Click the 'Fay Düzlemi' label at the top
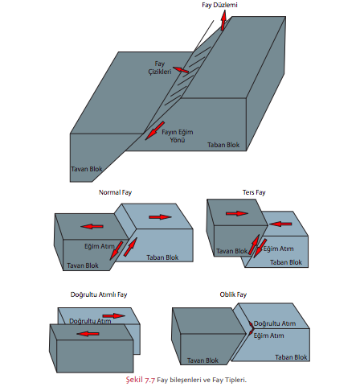tap(219, 5)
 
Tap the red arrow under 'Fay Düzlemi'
tap(223, 20)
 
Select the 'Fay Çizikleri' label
tap(160, 68)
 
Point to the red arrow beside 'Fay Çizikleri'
tap(181, 70)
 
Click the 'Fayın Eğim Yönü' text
tap(178, 136)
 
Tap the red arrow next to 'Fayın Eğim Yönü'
tap(155, 130)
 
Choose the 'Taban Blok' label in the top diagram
tap(223, 145)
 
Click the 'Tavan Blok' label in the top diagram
tap(87, 169)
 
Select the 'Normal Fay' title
tap(115, 192)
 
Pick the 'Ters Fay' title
tap(254, 192)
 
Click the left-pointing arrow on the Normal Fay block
tap(92, 226)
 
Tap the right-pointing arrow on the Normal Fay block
tap(160, 216)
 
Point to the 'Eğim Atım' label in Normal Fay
tap(100, 246)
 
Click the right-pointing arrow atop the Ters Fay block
tap(237, 213)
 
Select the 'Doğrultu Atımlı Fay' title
tap(99, 294)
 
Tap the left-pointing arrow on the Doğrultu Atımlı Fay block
tap(88, 334)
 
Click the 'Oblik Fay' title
tap(233, 294)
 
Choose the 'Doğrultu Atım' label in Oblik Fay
tap(275, 323)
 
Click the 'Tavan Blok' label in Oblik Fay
tap(202, 360)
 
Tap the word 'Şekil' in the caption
tap(134, 380)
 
